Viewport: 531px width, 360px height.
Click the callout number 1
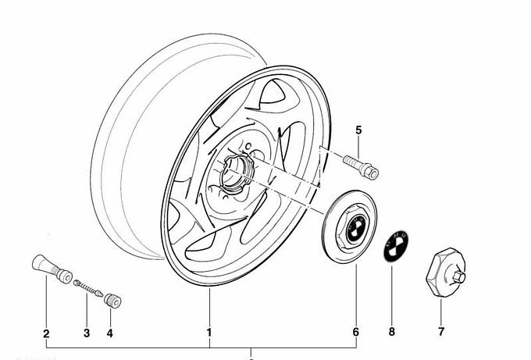point(209,333)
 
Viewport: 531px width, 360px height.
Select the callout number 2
point(46,333)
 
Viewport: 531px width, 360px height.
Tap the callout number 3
point(87,333)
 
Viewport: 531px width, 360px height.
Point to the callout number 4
point(109,333)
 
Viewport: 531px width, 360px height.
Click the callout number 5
point(358,130)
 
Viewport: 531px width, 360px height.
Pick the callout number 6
point(356,333)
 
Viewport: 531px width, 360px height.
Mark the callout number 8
point(392,332)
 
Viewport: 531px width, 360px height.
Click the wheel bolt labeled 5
point(358,166)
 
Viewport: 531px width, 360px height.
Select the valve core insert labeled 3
point(91,290)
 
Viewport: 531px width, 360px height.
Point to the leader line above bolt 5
point(358,148)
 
